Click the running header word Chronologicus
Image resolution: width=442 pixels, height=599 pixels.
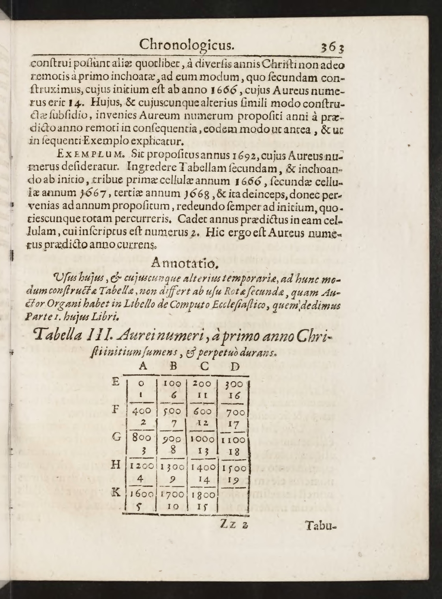click(x=186, y=44)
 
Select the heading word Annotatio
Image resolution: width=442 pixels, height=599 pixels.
click(x=180, y=262)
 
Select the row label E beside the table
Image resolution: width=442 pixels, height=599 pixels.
click(x=116, y=382)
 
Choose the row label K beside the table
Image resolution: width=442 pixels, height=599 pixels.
click(x=115, y=493)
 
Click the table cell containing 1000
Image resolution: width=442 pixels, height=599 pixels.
click(x=202, y=439)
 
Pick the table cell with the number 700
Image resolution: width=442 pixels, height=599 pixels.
click(x=235, y=413)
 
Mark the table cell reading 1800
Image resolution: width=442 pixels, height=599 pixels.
click(x=203, y=495)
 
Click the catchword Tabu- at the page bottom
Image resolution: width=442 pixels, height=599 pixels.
click(x=320, y=525)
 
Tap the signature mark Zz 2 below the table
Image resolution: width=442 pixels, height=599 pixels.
click(x=234, y=525)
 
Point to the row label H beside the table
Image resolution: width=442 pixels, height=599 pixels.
click(x=115, y=465)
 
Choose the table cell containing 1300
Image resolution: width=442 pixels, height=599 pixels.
click(x=172, y=467)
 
